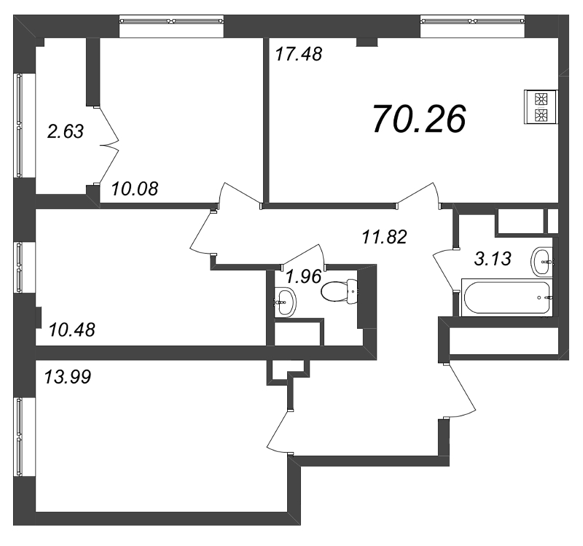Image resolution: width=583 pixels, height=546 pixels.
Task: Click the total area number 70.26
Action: (419, 119)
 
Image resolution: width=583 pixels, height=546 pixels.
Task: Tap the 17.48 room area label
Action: (299, 54)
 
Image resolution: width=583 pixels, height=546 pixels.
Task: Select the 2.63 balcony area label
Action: (66, 131)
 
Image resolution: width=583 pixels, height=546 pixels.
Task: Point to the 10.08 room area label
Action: (135, 189)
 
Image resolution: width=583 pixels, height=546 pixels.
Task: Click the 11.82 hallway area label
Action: (385, 237)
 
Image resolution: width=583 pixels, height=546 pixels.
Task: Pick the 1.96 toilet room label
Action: (304, 276)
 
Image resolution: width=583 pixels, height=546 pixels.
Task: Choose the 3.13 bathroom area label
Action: (493, 259)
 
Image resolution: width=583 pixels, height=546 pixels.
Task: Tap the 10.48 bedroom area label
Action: (71, 329)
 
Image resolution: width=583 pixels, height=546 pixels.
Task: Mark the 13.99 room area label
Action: (67, 377)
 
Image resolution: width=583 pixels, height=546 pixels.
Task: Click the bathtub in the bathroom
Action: (506, 297)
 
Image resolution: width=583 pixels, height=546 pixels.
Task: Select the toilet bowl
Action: (339, 292)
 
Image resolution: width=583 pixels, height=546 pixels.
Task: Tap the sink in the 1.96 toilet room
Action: (286, 301)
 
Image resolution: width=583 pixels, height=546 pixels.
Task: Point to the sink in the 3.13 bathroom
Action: (542, 262)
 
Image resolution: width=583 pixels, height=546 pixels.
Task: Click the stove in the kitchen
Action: (541, 106)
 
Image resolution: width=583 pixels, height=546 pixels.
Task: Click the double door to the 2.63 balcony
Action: (106, 145)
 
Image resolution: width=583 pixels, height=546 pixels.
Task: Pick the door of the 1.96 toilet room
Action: (303, 256)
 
